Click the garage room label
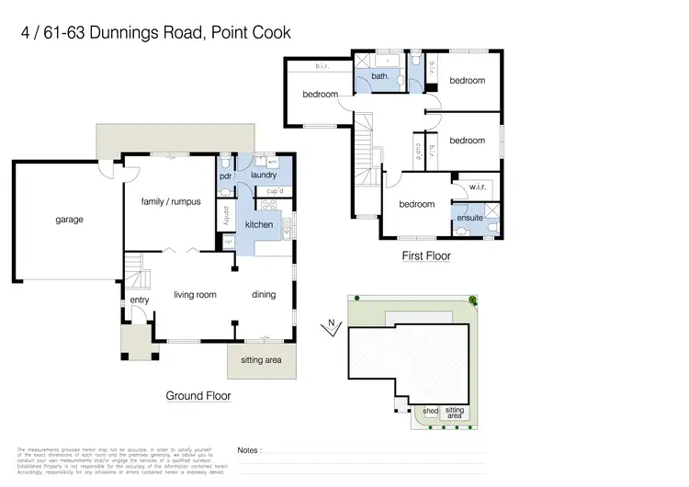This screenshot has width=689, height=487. coord(69,220)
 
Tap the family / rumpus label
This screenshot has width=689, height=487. coord(170,201)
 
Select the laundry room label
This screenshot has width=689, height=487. coord(263,175)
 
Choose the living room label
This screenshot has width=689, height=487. coord(195,295)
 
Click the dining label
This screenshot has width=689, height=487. coord(264,295)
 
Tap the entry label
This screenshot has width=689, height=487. coord(140,300)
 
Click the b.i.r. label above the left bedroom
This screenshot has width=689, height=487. coord(322,66)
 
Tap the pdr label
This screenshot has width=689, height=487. coord(225,176)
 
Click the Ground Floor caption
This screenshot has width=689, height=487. coord(198,396)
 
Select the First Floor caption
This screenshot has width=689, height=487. coord(426,256)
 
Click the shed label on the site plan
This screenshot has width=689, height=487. coord(430,411)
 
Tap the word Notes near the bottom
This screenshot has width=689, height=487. coord(249,450)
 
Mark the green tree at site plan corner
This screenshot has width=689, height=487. coord(473,300)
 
